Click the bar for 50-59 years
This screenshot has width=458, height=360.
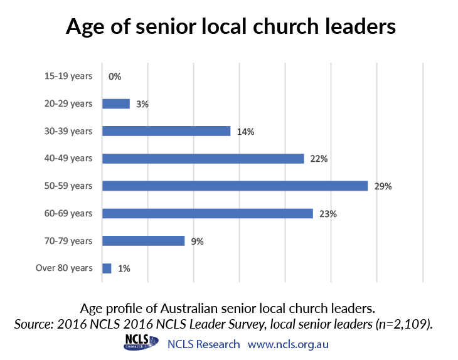[x=235, y=186]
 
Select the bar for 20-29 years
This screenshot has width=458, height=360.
[x=116, y=103]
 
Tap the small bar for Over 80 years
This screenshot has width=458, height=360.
[x=107, y=268]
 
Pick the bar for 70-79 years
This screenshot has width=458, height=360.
[x=144, y=241]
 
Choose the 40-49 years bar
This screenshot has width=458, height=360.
[x=203, y=159]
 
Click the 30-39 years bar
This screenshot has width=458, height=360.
[x=166, y=131]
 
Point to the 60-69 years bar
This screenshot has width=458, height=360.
[x=208, y=213]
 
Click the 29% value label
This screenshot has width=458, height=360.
[x=383, y=186]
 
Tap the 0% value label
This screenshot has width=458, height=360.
[x=115, y=77]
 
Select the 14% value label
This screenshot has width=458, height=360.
[x=245, y=132]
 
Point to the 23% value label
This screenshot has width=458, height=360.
[x=328, y=214]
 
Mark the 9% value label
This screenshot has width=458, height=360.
[x=197, y=241]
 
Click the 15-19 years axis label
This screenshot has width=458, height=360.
[x=68, y=77]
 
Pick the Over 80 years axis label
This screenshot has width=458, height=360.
[x=64, y=268]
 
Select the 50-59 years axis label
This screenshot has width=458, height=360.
[x=68, y=186]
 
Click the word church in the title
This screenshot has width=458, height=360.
[x=285, y=26]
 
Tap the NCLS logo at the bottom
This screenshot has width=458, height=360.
[x=141, y=342]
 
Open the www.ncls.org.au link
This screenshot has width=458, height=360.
[x=288, y=344]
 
